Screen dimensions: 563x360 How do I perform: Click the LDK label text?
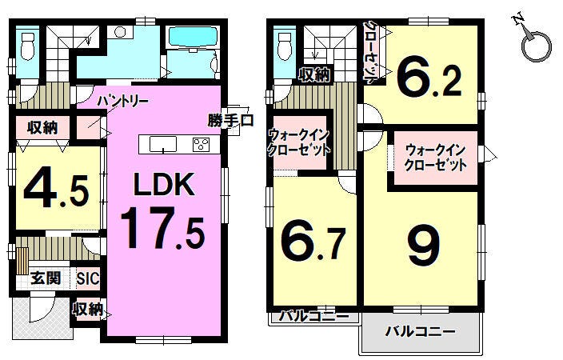click(164, 183)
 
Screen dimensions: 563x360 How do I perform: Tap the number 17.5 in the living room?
click(162, 230)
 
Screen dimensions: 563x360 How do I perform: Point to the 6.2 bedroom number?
click(429, 80)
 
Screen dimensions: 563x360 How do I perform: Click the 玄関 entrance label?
click(46, 278)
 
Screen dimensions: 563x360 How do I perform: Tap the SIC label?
click(88, 278)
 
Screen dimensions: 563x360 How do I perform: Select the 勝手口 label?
click(230, 120)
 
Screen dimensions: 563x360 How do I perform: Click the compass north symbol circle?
click(536, 46)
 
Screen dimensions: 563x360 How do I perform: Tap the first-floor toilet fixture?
click(27, 46)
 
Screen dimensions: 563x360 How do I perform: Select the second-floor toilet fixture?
click(285, 46)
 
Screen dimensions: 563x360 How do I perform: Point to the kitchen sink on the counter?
click(163, 145)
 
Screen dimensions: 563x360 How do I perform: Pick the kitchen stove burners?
click(201, 145)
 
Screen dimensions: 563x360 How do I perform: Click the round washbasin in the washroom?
click(120, 32)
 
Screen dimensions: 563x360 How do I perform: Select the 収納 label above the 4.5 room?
click(42, 127)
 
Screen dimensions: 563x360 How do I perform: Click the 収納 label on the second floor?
click(314, 75)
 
